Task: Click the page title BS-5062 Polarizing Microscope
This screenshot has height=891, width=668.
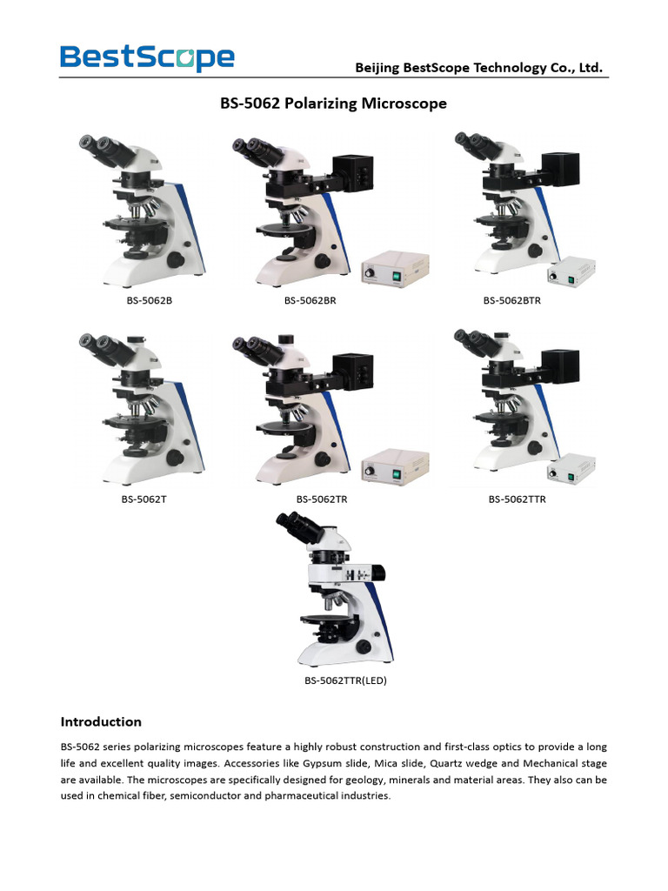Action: pos(333,104)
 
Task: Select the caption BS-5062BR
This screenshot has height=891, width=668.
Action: pos(311,301)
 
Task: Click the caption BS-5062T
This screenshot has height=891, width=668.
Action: pos(146,499)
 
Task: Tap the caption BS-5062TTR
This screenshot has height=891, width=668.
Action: pos(517,499)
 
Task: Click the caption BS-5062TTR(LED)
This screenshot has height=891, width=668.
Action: pos(345,681)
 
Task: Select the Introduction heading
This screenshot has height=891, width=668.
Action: pos(100,721)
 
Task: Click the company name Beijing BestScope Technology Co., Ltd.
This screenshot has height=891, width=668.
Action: pos(478,68)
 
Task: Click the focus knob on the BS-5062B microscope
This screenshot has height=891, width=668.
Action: pos(176,259)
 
